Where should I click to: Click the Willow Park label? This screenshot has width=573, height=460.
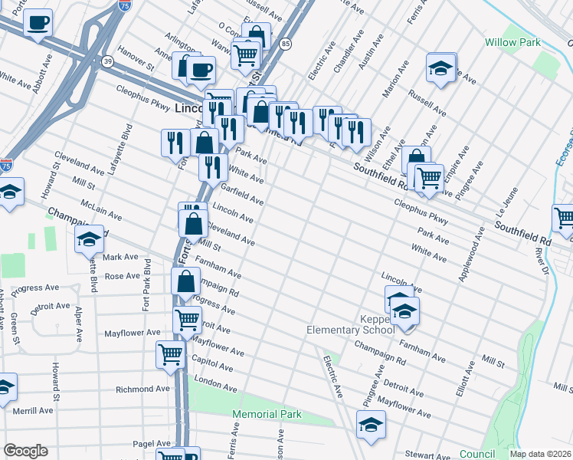coord(513,42)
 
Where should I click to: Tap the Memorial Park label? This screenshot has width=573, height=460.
coord(267,415)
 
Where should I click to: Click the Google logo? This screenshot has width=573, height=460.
coord(25,451)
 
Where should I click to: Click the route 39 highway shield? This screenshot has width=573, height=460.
coord(108,61)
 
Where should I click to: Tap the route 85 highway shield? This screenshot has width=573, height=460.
coord(286,44)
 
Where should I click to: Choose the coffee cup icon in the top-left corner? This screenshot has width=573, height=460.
coord(36,24)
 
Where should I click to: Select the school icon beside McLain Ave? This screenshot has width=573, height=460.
coord(89,239)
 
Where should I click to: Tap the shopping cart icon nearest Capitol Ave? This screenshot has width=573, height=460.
coord(169,354)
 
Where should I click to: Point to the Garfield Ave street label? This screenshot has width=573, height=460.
coord(242,194)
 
